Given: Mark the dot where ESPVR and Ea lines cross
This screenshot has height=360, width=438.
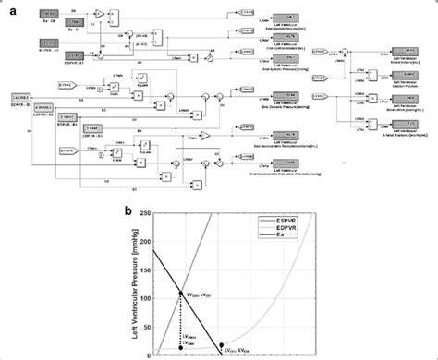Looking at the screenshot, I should (x=181, y=294).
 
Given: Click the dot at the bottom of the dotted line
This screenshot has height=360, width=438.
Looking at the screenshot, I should (x=181, y=349).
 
